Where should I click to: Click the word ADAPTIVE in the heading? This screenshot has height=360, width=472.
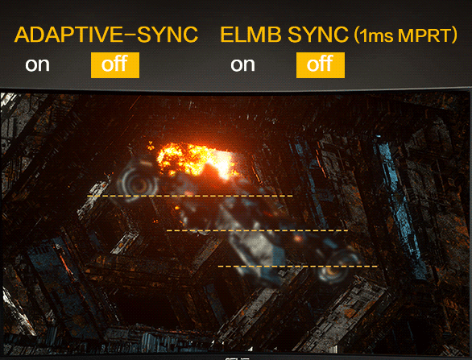(x=68, y=35)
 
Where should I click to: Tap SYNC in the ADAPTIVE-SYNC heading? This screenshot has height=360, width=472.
(x=168, y=35)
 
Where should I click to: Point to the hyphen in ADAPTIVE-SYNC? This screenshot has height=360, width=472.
(x=130, y=35)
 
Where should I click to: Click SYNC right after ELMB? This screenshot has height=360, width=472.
(x=318, y=35)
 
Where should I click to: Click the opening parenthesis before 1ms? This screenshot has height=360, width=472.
(x=356, y=35)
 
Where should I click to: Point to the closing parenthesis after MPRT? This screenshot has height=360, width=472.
(x=454, y=35)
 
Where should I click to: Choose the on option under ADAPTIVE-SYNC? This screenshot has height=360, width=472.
(x=37, y=64)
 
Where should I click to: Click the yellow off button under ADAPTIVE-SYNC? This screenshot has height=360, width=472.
(x=115, y=65)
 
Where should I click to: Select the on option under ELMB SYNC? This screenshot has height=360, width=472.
(x=242, y=64)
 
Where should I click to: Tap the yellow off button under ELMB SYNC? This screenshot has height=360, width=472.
(x=321, y=65)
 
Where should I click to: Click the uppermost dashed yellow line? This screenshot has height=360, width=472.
(x=190, y=197)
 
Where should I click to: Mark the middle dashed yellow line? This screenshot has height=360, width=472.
(x=258, y=230)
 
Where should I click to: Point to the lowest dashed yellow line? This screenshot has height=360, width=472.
(x=298, y=267)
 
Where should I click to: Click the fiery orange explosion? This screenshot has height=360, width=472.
(x=196, y=160)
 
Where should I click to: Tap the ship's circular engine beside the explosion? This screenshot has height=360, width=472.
(x=138, y=183)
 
